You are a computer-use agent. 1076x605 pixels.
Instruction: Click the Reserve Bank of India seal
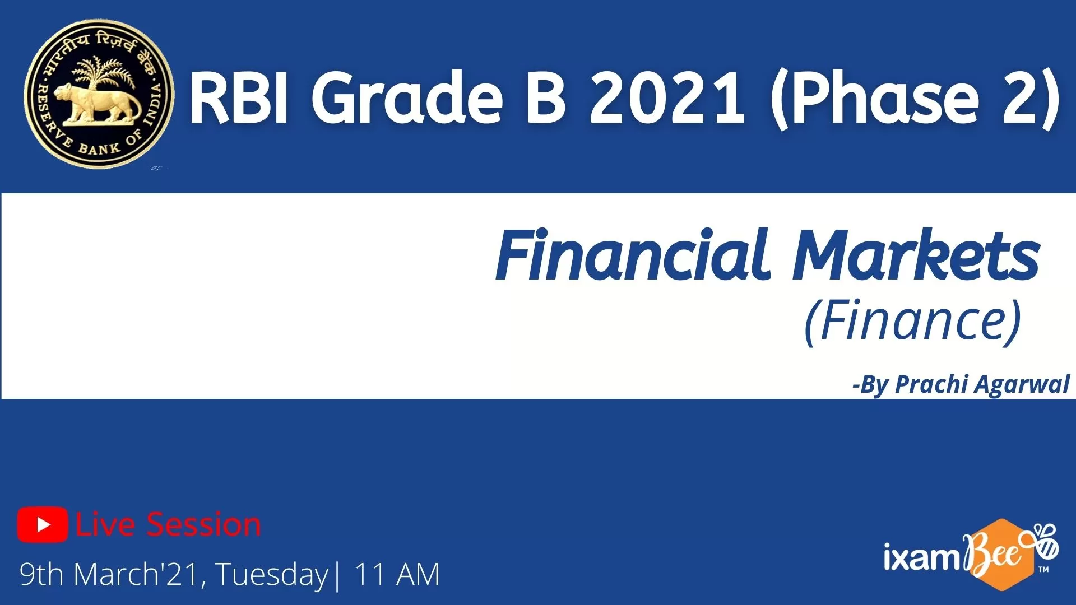[99, 94]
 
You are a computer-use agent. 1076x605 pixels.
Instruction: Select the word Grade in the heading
[407, 97]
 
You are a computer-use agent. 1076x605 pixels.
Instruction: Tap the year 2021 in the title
[667, 97]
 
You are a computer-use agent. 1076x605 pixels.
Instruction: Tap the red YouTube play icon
[43, 524]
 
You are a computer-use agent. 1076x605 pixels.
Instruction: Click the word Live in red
[105, 525]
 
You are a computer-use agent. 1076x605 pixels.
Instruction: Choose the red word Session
[204, 525]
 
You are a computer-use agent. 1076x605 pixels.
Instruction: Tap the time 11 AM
[397, 574]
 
